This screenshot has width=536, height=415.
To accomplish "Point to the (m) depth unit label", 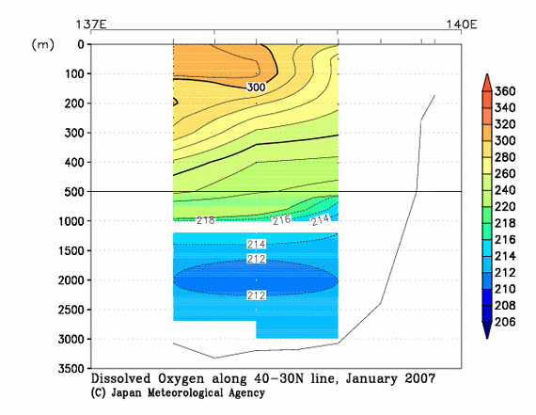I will [x=43, y=44].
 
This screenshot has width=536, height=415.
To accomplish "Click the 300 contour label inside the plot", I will [x=256, y=87].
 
